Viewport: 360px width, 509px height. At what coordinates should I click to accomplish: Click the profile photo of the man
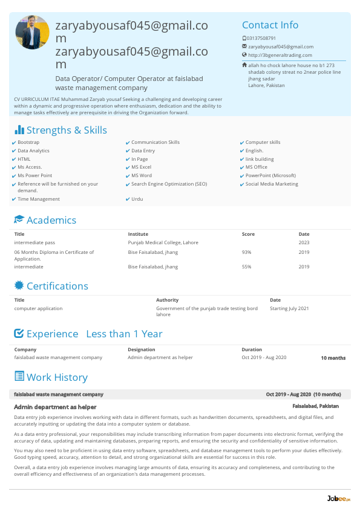click(x=33, y=33)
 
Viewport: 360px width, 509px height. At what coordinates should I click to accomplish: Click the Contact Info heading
click(x=270, y=25)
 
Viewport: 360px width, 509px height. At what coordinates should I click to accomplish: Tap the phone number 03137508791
click(x=261, y=38)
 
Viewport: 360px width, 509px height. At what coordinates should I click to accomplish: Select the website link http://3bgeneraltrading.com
click(x=280, y=55)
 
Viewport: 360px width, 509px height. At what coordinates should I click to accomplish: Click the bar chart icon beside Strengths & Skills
click(x=19, y=130)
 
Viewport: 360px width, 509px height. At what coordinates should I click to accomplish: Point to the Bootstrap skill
click(x=28, y=142)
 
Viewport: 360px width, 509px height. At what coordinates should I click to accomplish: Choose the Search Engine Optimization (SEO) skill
click(x=169, y=184)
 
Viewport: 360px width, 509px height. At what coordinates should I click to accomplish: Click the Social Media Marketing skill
click(x=272, y=184)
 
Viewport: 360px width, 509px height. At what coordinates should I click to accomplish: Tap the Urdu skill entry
click(x=137, y=199)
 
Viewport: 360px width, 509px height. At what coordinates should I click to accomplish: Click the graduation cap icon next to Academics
click(x=19, y=220)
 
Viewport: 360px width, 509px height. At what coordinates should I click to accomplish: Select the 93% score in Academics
click(x=246, y=252)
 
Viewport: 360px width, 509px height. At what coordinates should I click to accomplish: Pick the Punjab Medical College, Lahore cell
click(x=163, y=242)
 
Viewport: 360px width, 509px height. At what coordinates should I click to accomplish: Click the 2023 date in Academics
click(x=304, y=242)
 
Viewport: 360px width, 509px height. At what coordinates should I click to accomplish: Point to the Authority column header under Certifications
click(x=167, y=300)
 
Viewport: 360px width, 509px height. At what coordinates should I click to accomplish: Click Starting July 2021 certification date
click(x=289, y=308)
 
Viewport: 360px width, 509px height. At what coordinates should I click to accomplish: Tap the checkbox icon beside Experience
click(x=19, y=334)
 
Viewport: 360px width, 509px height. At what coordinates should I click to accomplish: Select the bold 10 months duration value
click(x=333, y=358)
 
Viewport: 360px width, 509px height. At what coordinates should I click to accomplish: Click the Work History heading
click(x=57, y=377)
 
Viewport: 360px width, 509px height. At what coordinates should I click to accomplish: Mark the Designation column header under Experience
click(x=141, y=349)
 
